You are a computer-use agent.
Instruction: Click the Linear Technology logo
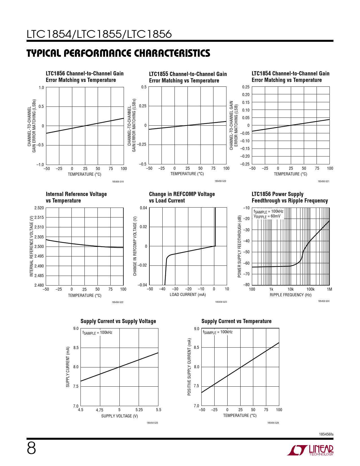pyautogui.click(x=310, y=450)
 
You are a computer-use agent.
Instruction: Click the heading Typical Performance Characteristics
pyautogui.click(x=118, y=53)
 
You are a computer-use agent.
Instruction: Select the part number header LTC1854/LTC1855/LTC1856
pyautogui.click(x=99, y=34)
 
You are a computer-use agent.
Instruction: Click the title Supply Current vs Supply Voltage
pyautogui.click(x=118, y=321)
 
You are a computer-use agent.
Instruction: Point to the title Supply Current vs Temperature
pyautogui.click(x=236, y=321)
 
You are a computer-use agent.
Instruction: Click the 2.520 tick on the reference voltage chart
pyautogui.click(x=39, y=208)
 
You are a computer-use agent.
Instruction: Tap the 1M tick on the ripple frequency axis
pyautogui.click(x=329, y=289)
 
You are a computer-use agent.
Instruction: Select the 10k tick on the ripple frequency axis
pyautogui.click(x=291, y=289)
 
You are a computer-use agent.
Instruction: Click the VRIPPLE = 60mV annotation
pyautogui.click(x=267, y=216)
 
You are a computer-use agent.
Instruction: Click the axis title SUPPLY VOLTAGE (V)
pyautogui.click(x=119, y=416)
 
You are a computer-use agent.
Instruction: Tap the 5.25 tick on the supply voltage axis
pyautogui.click(x=139, y=410)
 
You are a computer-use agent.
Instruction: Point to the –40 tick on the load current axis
pyautogui.click(x=162, y=289)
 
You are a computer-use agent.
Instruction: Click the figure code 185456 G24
pyautogui.click(x=324, y=301)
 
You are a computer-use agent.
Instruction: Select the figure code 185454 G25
pyautogui.click(x=152, y=423)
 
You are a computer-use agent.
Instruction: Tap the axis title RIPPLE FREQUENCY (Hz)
pyautogui.click(x=291, y=295)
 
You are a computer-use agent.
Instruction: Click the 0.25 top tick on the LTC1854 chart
pyautogui.click(x=246, y=87)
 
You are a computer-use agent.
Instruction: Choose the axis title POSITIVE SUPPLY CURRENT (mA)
pyautogui.click(x=189, y=367)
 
